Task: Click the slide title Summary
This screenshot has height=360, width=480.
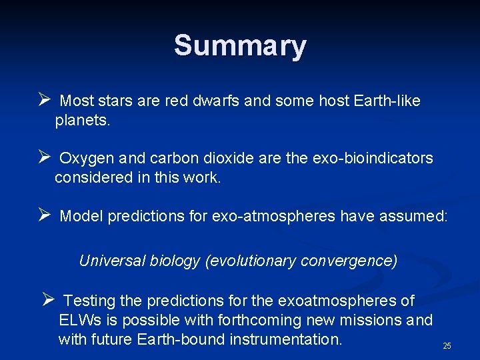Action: tap(240, 46)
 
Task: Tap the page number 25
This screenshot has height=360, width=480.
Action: tap(447, 346)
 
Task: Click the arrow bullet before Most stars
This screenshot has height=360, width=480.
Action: tap(45, 101)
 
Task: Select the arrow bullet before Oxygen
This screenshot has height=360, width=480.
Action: tap(45, 158)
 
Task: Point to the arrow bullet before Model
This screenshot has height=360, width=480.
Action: tap(45, 215)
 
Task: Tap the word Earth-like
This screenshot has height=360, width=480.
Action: tap(387, 101)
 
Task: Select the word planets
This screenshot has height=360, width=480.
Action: tap(82, 121)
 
